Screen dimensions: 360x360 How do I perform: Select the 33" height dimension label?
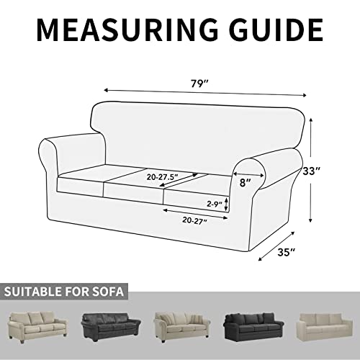click(330, 172)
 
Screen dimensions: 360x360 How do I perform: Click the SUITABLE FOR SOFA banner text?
click(65, 292)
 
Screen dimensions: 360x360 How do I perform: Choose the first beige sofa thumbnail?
click(37, 328)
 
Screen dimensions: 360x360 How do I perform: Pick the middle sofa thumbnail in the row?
click(180, 328)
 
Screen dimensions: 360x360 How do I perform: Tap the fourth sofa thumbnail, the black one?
click(251, 328)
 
